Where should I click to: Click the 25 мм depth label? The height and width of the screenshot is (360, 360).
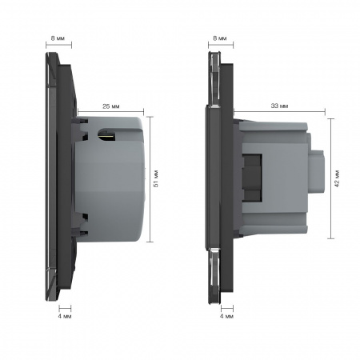[111, 106]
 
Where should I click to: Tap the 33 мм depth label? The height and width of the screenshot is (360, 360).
[279, 106]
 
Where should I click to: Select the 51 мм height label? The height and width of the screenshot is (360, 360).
[156, 178]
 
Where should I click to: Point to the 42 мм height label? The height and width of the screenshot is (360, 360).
[338, 178]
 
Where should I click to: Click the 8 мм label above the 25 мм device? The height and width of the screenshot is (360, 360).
[58, 38]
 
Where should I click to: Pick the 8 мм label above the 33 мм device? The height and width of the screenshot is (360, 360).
[220, 38]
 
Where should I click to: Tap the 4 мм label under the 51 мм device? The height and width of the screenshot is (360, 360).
[65, 316]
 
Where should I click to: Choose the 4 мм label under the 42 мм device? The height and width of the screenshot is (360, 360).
[226, 316]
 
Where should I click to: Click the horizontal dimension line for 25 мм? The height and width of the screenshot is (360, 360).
[110, 111]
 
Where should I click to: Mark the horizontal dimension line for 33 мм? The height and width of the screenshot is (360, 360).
[279, 111]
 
